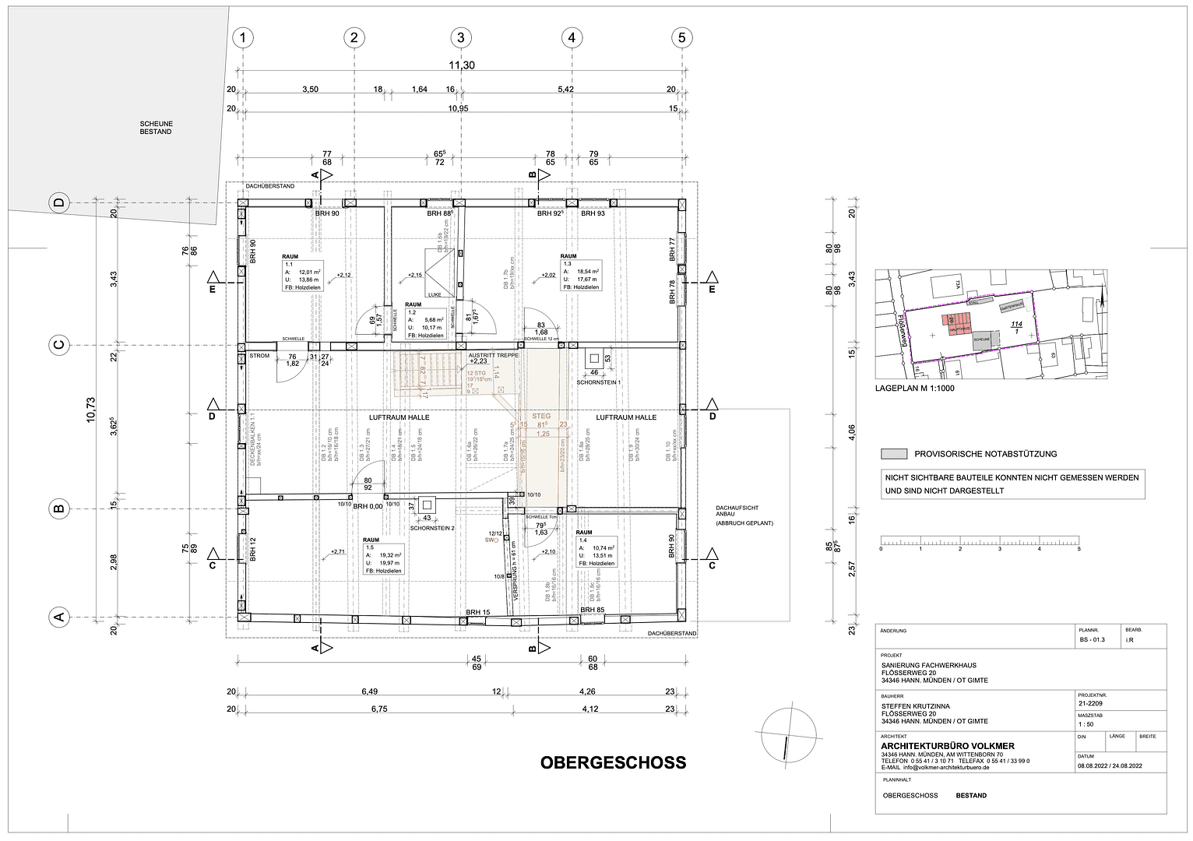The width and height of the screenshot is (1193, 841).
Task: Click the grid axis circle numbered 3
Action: coord(461,37)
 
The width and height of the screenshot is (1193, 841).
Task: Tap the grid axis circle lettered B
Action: coord(58,510)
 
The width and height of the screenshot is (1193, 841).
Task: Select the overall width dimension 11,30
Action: coord(461,65)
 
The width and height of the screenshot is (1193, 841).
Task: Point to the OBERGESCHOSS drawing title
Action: coord(613,762)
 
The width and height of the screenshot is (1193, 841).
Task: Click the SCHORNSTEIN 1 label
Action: coord(598,382)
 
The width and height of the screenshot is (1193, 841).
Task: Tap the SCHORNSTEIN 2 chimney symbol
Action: coord(426,505)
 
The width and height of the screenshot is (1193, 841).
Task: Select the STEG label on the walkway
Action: coord(541,416)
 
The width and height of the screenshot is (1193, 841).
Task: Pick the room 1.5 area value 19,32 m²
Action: coord(389,555)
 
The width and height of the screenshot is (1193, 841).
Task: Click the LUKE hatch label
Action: coord(434,294)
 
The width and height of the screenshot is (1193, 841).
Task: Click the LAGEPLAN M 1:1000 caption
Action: coord(914,388)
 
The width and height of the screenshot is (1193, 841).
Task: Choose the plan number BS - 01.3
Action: coord(1092,640)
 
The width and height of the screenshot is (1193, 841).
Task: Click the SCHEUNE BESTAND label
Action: coord(156,128)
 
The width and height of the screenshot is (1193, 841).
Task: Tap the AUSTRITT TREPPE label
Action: coord(493,355)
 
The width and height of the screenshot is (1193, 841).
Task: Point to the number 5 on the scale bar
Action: coord(1079,549)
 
